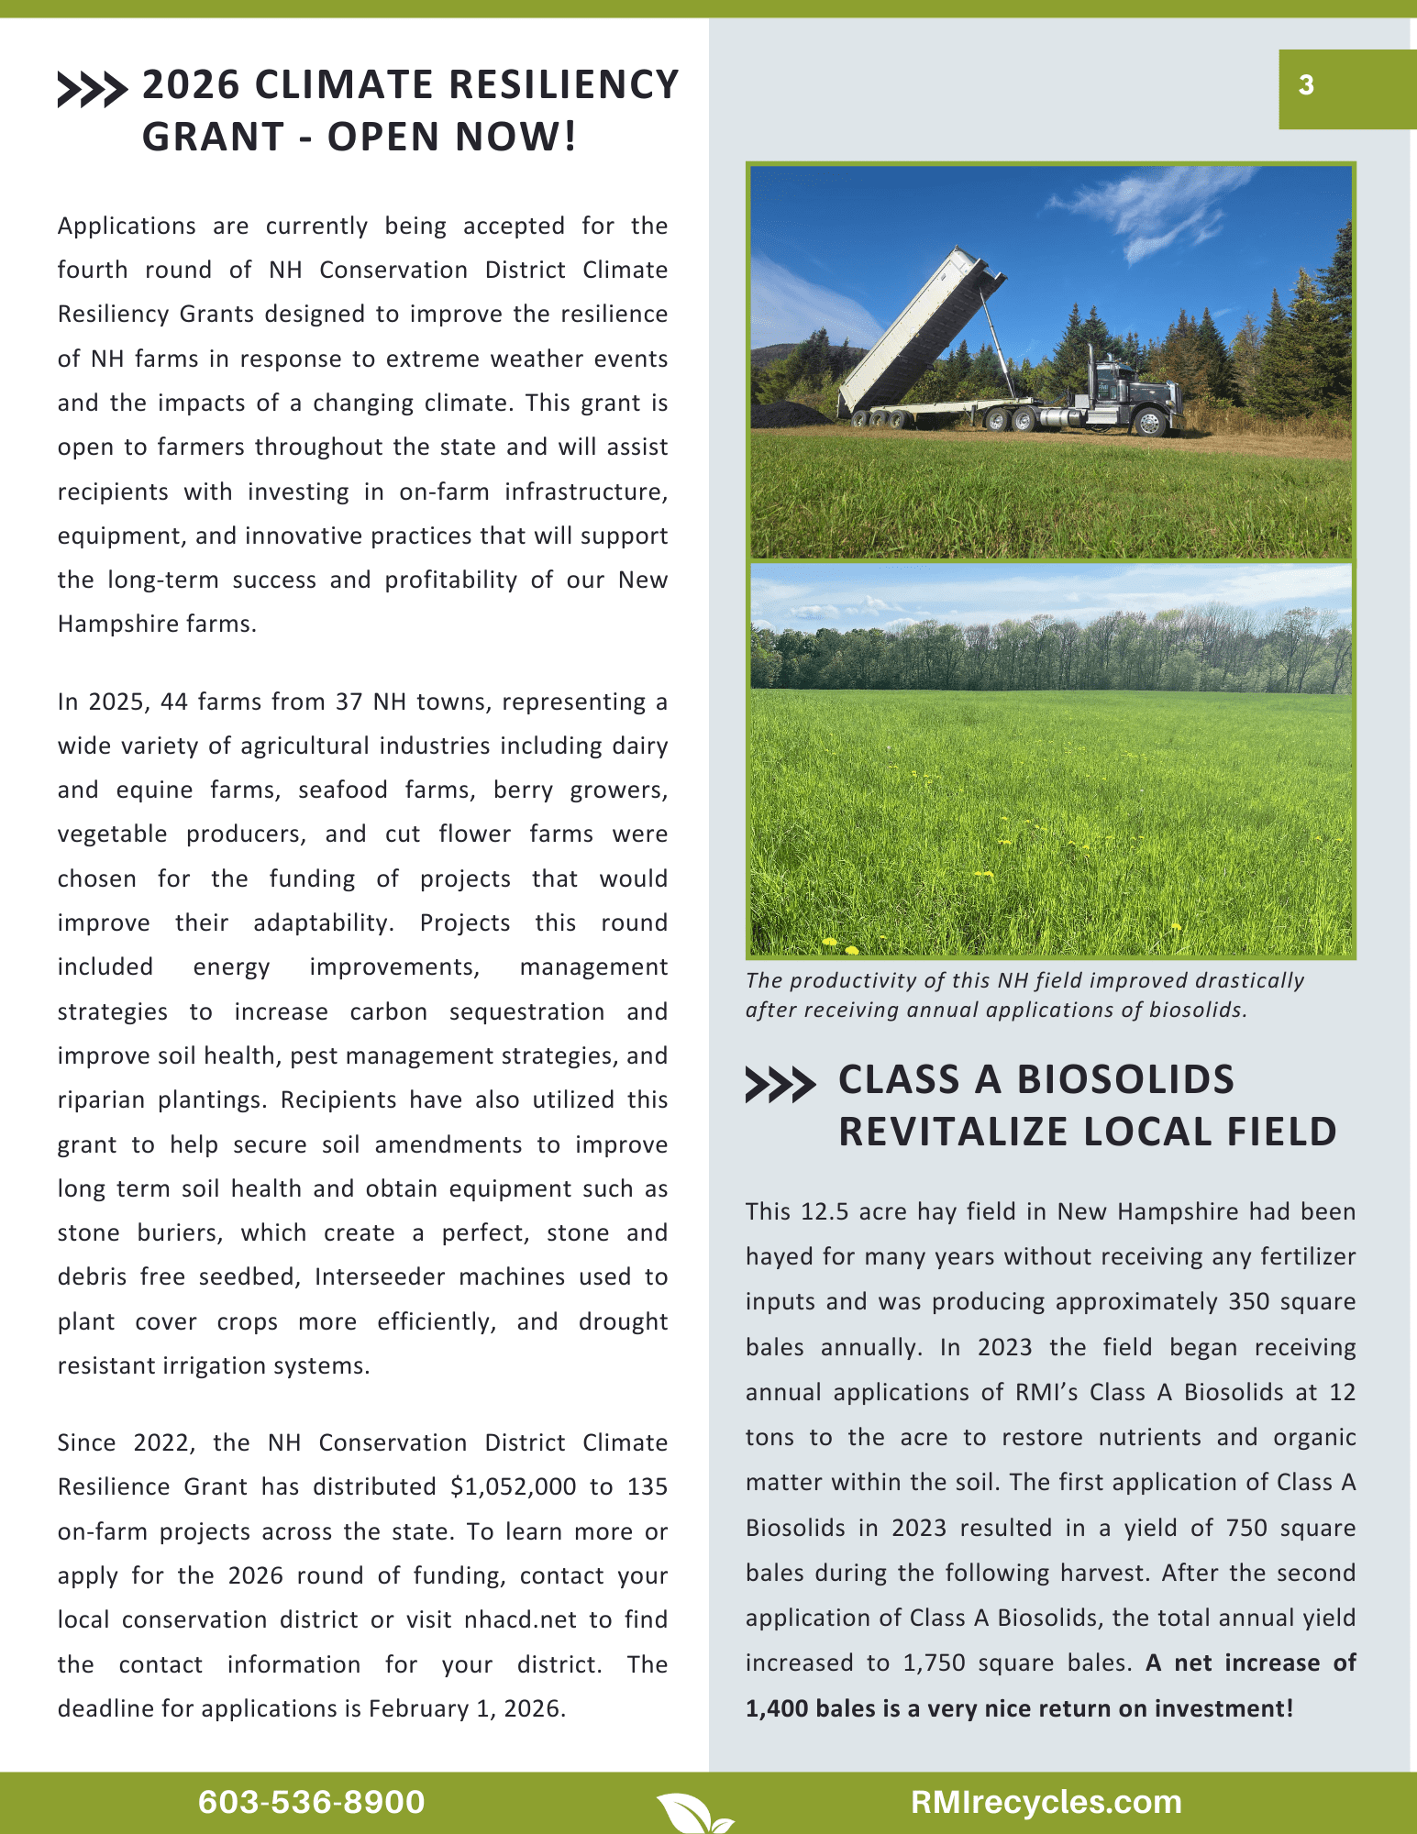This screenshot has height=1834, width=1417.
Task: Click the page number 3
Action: [1306, 85]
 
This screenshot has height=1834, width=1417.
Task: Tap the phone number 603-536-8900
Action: [311, 1802]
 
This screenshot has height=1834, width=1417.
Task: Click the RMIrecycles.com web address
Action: [1046, 1802]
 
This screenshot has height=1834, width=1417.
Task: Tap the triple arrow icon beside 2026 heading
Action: [92, 90]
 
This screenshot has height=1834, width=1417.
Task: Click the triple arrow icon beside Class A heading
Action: [780, 1084]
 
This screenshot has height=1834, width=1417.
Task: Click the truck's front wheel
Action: [1147, 422]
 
